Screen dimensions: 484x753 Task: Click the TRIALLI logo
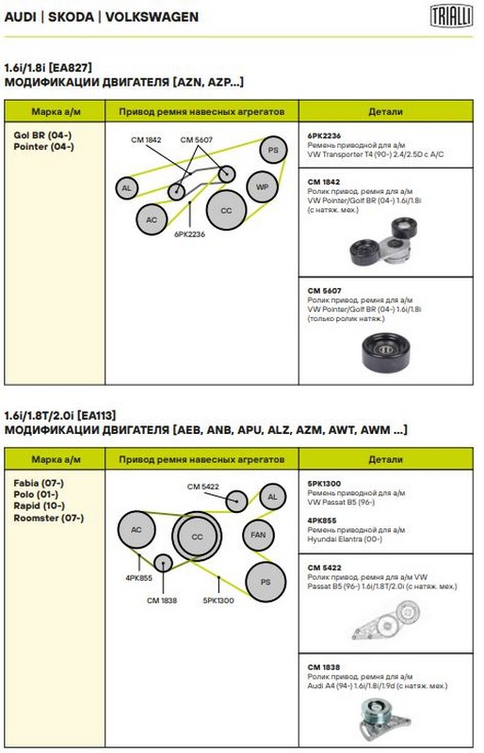click(x=451, y=16)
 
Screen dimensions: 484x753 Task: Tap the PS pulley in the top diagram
click(x=273, y=150)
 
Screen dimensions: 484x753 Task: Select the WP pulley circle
click(x=262, y=186)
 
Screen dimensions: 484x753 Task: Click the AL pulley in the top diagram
click(x=127, y=187)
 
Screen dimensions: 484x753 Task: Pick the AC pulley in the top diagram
click(x=152, y=219)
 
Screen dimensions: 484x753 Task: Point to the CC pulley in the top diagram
click(x=226, y=210)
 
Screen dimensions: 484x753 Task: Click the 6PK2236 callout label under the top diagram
click(x=190, y=234)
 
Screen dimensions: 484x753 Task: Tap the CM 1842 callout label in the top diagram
click(x=146, y=139)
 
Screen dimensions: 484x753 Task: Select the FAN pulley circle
click(x=258, y=535)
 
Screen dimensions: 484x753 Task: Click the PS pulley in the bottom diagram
click(x=266, y=582)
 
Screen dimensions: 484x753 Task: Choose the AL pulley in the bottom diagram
click(x=272, y=497)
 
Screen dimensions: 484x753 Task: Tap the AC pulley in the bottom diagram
click(x=137, y=530)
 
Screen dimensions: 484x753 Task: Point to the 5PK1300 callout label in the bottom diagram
click(x=218, y=601)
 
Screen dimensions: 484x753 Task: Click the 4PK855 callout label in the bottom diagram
click(x=139, y=578)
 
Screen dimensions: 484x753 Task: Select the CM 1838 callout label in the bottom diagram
click(x=162, y=601)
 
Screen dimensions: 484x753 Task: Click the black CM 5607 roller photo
click(x=386, y=351)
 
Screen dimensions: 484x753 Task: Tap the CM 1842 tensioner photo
click(x=381, y=242)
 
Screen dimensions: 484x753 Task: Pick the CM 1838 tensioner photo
click(x=383, y=718)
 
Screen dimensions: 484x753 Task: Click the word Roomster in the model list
click(x=37, y=519)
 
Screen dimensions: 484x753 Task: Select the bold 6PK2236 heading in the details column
click(x=324, y=136)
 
